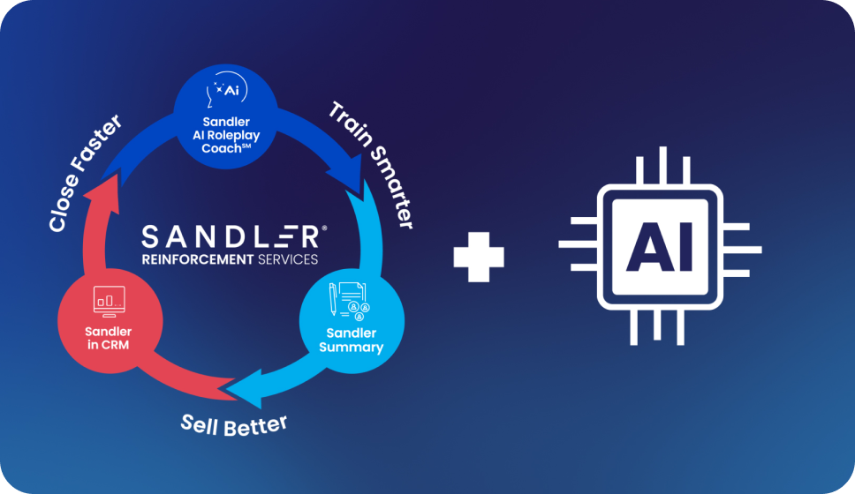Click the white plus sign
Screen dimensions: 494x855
[479, 258]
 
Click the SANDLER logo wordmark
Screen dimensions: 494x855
[231, 236]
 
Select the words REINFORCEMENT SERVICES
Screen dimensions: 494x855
[230, 258]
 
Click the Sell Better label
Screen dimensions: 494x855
[234, 423]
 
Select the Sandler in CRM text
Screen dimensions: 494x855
[107, 338]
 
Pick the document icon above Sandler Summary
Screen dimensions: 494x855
[347, 301]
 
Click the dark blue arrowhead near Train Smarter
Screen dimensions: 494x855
[357, 176]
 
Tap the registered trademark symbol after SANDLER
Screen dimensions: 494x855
[324, 228]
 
